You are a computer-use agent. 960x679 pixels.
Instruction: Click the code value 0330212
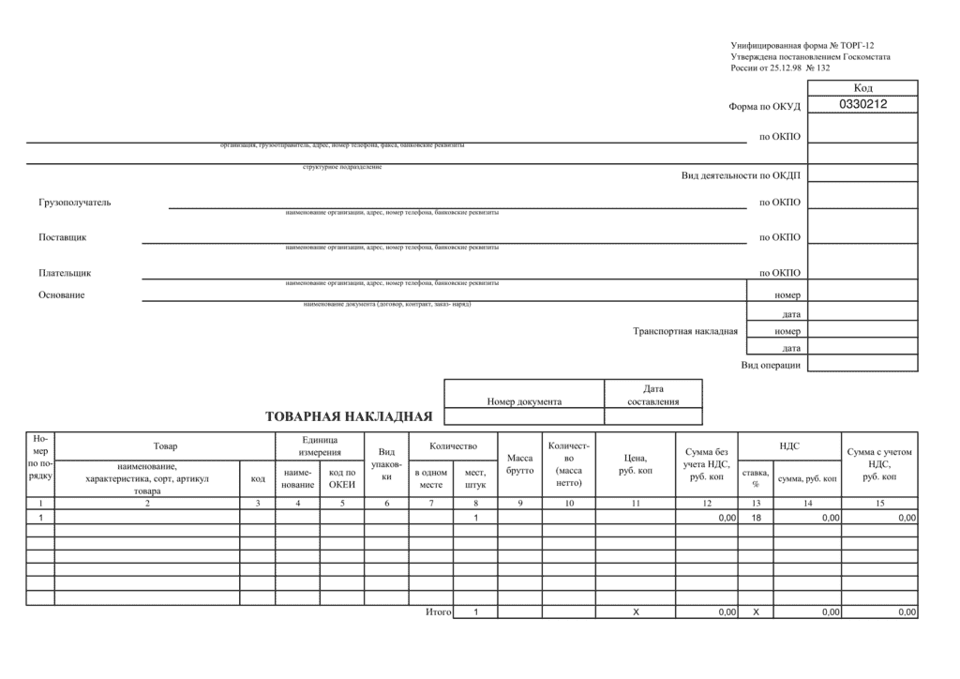(x=862, y=105)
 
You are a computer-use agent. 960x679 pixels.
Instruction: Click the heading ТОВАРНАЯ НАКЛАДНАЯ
(x=349, y=416)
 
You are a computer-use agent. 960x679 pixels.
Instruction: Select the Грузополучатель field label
(x=75, y=203)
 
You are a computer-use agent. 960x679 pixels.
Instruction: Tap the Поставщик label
(x=62, y=237)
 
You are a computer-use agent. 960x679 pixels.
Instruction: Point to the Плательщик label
(x=65, y=273)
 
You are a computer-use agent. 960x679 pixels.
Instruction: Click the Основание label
(x=62, y=295)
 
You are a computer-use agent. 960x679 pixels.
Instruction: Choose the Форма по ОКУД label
(x=764, y=106)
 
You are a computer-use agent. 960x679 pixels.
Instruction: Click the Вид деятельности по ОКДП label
(x=741, y=175)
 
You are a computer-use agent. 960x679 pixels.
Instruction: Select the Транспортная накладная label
(x=685, y=331)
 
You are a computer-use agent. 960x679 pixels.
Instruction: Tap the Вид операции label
(x=771, y=365)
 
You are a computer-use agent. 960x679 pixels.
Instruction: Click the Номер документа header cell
(x=524, y=401)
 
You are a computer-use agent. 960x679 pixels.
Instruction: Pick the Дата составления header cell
(x=653, y=395)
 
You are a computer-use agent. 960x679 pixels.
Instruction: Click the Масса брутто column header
(x=519, y=464)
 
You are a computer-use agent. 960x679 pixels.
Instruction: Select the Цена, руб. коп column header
(x=635, y=464)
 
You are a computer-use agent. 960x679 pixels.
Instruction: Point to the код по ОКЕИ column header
(x=341, y=478)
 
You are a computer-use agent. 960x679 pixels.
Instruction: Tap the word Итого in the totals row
(x=438, y=612)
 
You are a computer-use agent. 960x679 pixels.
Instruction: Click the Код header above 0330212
(x=862, y=88)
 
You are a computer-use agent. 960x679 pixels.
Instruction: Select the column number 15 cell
(x=879, y=504)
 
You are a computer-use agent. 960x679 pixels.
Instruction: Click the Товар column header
(x=165, y=445)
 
